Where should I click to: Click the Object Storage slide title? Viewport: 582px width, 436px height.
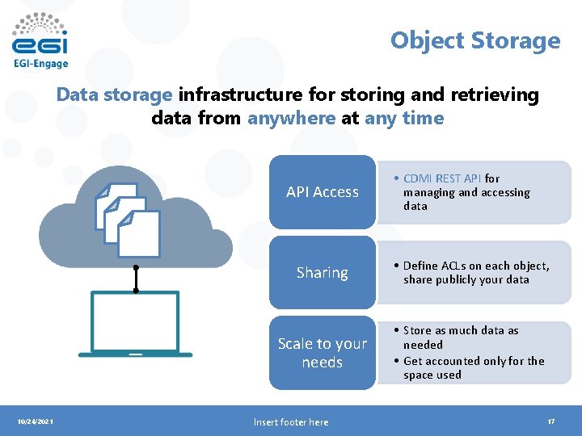click(x=474, y=40)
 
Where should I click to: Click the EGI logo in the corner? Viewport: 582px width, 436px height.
click(x=40, y=36)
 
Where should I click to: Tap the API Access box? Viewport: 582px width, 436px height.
click(x=323, y=192)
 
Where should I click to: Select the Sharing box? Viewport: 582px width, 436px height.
click(x=323, y=273)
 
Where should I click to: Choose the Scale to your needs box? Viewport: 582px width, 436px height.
click(x=323, y=353)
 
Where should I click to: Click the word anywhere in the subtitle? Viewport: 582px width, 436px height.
click(x=291, y=118)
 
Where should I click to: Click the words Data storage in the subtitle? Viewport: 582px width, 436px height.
click(x=114, y=94)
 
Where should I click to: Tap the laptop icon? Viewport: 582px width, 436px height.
click(x=135, y=324)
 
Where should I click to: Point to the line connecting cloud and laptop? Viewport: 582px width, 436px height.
click(x=136, y=279)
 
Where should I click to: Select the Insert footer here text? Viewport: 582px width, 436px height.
click(x=291, y=421)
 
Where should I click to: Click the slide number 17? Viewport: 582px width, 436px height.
click(x=550, y=421)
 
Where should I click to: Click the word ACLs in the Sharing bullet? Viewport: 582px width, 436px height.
click(x=457, y=266)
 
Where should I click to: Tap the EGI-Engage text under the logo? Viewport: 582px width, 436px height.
click(x=40, y=63)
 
